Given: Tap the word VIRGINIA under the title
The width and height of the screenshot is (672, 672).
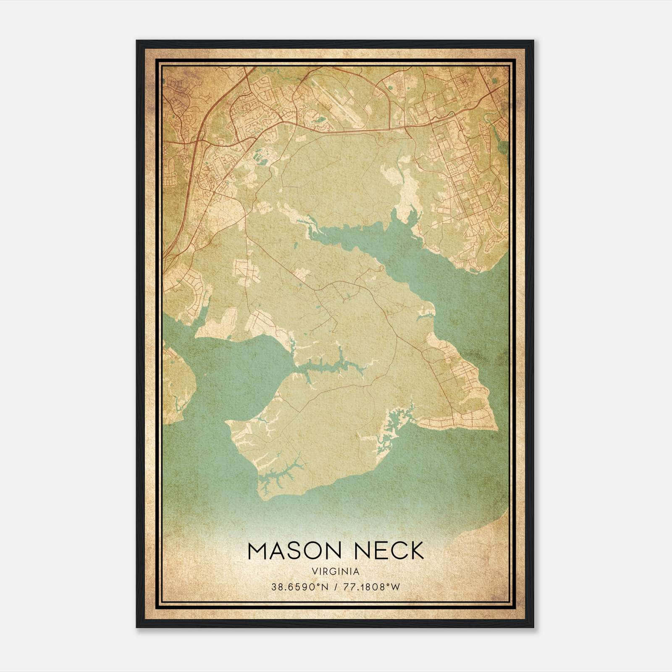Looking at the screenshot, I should click(x=336, y=572).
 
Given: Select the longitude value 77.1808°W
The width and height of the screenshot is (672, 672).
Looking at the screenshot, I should click(x=372, y=587).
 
